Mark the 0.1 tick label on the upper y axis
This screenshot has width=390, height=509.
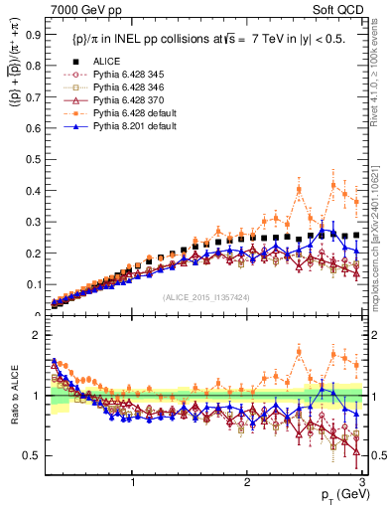coord(30,288)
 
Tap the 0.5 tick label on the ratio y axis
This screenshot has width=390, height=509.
coord(30,455)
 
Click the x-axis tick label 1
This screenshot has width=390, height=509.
coord(133,482)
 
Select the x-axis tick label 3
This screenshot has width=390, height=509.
coord(363,482)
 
